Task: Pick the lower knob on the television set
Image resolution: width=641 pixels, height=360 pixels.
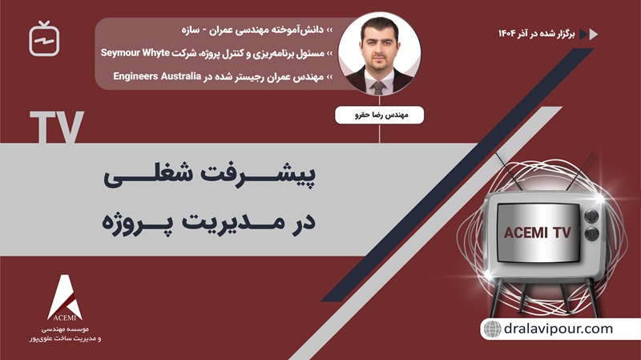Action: point(593,233)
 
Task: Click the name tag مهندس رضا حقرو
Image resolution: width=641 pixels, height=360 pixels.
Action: point(379,114)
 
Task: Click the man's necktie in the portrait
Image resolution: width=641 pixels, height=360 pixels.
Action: point(379,87)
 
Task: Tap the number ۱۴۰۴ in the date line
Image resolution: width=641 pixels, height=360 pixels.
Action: point(509,34)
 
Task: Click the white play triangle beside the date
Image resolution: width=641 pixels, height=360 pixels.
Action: point(594,34)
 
